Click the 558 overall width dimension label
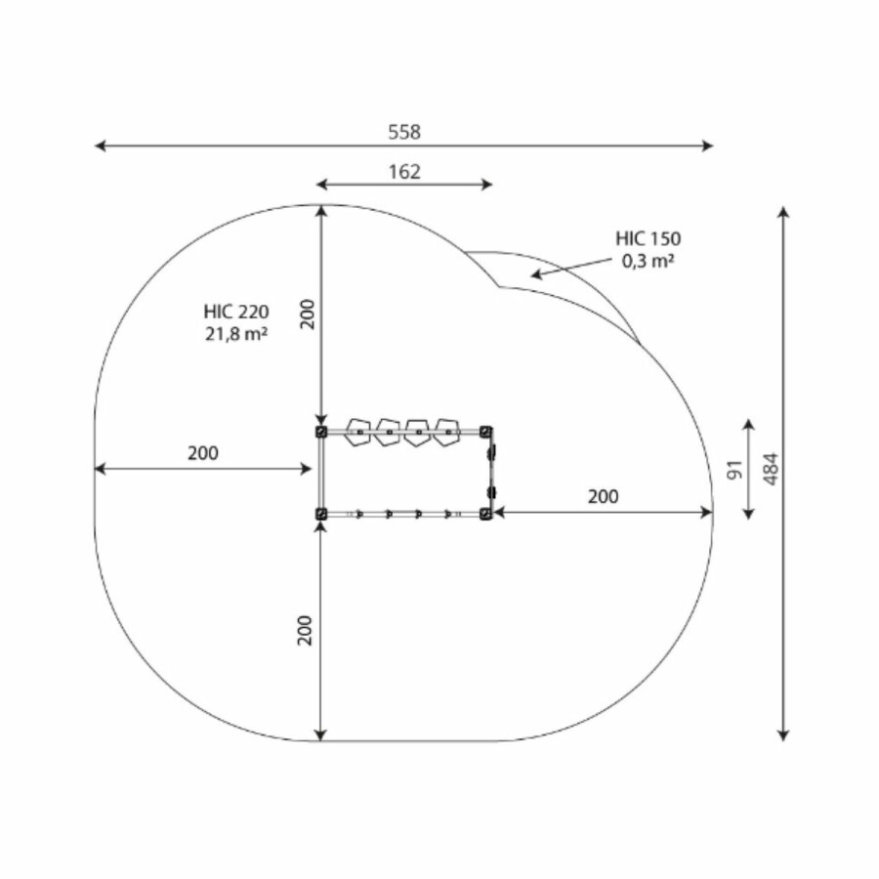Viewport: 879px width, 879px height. point(404,132)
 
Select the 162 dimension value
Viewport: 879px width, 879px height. point(404,172)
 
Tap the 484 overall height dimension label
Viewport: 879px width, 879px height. point(771,469)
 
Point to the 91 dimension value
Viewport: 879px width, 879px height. point(734,470)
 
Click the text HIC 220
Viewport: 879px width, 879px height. point(236,312)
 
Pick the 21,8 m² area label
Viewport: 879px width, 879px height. point(236,334)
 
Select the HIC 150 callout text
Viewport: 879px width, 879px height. point(649,239)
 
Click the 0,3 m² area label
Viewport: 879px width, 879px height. point(649,261)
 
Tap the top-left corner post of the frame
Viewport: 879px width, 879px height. point(320,432)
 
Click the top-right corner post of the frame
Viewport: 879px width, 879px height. point(485,432)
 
